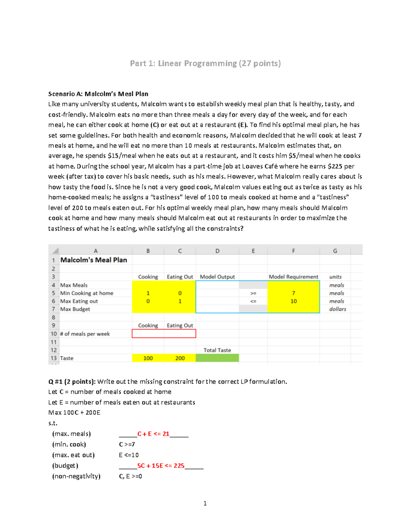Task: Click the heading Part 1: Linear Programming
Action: click(205, 64)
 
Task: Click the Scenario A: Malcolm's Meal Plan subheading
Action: click(98, 94)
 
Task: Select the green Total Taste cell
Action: click(217, 358)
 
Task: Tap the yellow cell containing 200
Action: click(180, 358)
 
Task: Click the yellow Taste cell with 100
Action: click(148, 358)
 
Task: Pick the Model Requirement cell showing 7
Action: click(293, 293)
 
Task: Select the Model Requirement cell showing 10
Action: click(293, 301)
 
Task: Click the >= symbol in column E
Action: click(253, 293)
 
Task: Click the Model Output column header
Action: click(217, 277)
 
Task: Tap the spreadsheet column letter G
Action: click(335, 251)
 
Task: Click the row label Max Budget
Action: click(75, 309)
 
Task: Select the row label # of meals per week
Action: click(85, 334)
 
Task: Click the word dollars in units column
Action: click(337, 309)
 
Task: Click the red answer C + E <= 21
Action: click(153, 434)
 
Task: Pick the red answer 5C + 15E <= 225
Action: click(161, 466)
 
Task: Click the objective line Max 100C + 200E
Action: click(74, 413)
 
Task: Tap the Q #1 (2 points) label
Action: click(72, 382)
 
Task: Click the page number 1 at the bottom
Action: click(205, 503)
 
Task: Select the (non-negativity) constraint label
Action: click(76, 476)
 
